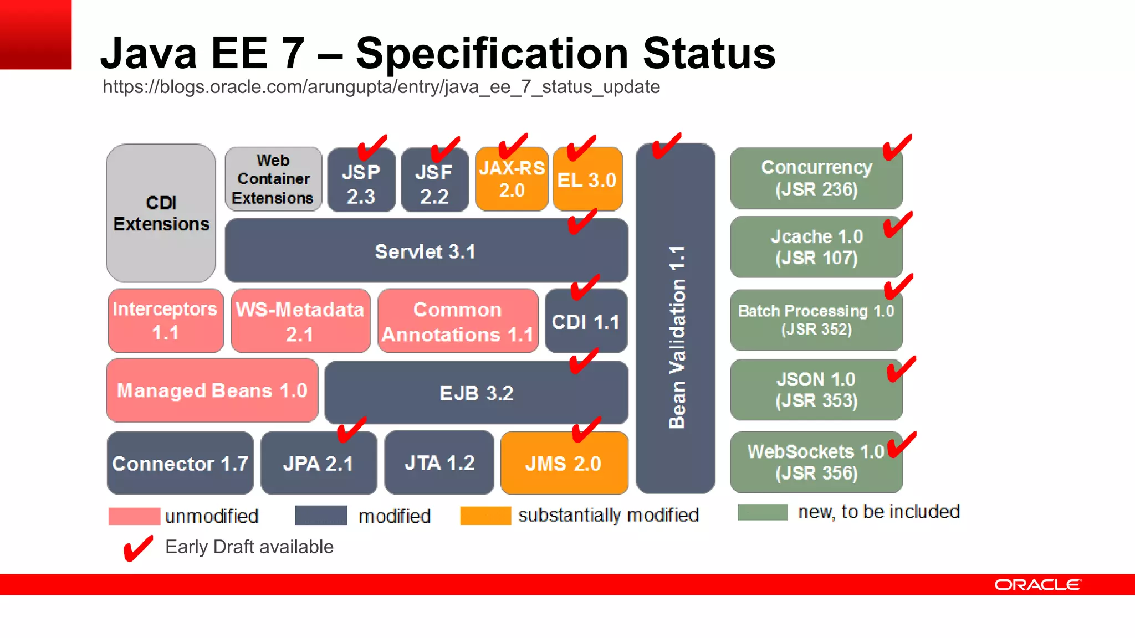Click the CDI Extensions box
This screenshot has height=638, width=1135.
click(x=161, y=213)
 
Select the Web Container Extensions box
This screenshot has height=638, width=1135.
click(x=273, y=179)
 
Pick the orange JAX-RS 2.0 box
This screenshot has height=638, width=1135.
click(x=512, y=179)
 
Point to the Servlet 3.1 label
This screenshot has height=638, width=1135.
click(x=425, y=252)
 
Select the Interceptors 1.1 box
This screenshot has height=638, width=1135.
click(x=165, y=321)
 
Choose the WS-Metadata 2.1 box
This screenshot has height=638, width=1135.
click(x=300, y=321)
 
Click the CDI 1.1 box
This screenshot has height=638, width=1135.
click(x=586, y=322)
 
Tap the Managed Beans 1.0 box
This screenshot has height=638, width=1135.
click(x=212, y=390)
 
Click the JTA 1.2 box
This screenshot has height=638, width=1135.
click(x=439, y=463)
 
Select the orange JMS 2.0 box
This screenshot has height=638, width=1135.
click(x=564, y=464)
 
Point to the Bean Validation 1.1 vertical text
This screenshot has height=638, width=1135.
click(x=677, y=338)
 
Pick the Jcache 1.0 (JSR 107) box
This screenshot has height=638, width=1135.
click(x=816, y=248)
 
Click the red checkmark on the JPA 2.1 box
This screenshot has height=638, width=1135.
click(x=351, y=430)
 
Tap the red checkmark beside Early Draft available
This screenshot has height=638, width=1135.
click(x=137, y=548)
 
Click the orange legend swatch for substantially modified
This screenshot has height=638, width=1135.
click(x=485, y=516)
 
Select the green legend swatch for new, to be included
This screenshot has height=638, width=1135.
click(x=762, y=512)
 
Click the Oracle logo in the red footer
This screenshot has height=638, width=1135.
click(x=1037, y=585)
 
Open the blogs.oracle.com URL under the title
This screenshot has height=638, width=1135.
click(x=381, y=87)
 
